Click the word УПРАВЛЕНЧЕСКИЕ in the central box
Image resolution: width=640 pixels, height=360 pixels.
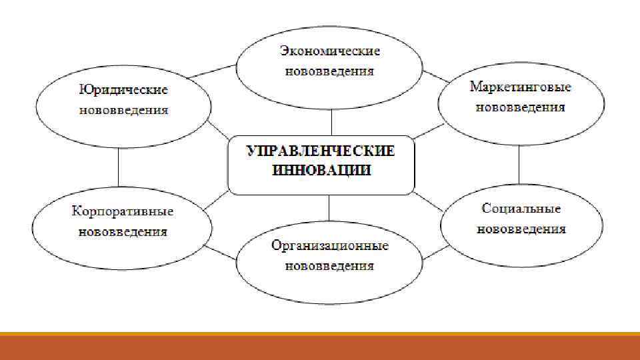(321, 151)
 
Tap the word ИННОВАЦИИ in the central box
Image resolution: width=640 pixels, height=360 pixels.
(321, 170)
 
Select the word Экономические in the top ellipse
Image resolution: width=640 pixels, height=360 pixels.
(329, 51)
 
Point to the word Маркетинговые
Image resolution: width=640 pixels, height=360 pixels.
(521, 87)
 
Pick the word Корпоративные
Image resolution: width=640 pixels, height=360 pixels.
(123, 211)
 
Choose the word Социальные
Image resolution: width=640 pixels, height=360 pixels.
(521, 209)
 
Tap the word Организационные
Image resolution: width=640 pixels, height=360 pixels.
(329, 246)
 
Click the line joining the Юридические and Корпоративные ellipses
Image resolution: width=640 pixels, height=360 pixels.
(118, 166)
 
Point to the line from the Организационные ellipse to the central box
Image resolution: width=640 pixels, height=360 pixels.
(329, 207)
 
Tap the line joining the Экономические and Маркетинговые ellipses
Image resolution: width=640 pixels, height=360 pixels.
(435, 75)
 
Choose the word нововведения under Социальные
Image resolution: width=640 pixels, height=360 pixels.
(521, 229)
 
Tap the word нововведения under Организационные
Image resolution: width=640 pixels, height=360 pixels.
(329, 266)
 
